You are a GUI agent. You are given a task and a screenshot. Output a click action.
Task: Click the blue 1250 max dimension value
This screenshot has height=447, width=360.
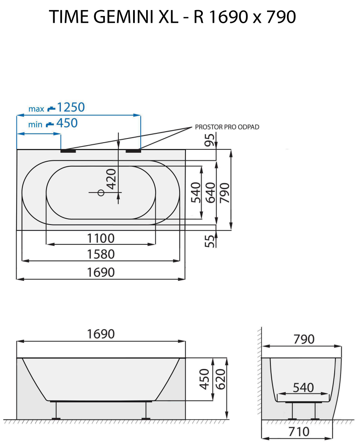point(71,107)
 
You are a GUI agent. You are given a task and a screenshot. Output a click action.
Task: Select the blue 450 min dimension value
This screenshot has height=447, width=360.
point(67,123)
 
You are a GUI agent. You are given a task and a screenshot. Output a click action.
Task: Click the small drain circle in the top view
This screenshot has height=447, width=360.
point(101,193)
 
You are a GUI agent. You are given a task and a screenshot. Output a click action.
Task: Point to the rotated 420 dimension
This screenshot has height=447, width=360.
point(111,179)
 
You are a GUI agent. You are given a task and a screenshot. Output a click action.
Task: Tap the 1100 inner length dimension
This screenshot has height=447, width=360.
point(101,238)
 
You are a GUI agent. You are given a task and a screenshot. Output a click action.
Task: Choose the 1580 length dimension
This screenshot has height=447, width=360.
point(101,255)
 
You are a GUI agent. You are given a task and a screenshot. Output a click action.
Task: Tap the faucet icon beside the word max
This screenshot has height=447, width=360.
point(51,108)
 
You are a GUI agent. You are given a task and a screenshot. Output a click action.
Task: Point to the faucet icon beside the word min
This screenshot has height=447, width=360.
point(50,124)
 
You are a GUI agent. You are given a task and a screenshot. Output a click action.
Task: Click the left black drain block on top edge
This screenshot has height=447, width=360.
point(68,150)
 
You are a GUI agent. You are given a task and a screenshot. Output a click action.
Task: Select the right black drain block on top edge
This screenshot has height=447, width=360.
point(133,150)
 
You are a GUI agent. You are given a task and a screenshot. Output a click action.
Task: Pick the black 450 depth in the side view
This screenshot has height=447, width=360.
point(204,379)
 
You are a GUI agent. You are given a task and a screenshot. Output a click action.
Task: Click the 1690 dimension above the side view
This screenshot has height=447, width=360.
point(101,334)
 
